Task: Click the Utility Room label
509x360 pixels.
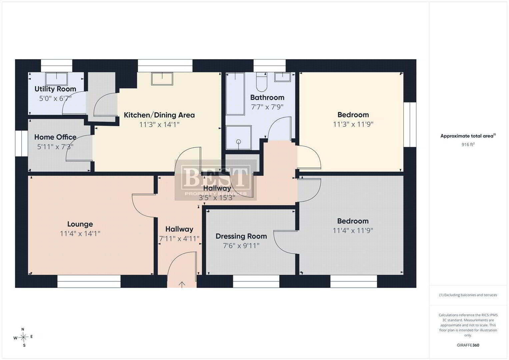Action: click(x=55, y=89)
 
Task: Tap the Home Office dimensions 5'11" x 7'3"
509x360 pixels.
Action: click(x=55, y=147)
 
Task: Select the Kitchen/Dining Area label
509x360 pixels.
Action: click(x=159, y=115)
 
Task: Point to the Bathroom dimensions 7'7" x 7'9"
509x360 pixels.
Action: click(x=267, y=107)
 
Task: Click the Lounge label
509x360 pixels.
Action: click(x=80, y=224)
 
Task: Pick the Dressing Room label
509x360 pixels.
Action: click(x=241, y=236)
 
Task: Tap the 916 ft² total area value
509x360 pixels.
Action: click(x=468, y=144)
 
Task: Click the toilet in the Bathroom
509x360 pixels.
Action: click(x=262, y=82)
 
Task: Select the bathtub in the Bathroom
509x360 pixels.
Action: click(x=235, y=94)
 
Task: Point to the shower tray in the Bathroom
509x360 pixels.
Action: click(x=239, y=137)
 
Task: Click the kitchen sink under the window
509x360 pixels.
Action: click(x=162, y=79)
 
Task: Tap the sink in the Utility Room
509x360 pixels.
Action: click(x=56, y=79)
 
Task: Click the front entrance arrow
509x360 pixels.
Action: click(x=182, y=285)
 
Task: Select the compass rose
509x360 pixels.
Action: click(x=23, y=337)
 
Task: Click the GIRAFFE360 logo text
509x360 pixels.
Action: click(x=468, y=345)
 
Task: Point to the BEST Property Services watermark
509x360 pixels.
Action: click(x=216, y=180)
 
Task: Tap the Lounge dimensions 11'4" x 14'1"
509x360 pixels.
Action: click(x=80, y=234)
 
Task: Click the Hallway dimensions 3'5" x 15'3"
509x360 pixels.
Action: click(x=217, y=198)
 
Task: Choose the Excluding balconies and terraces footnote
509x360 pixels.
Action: click(x=468, y=295)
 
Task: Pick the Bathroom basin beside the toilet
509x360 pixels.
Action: click(x=282, y=77)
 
